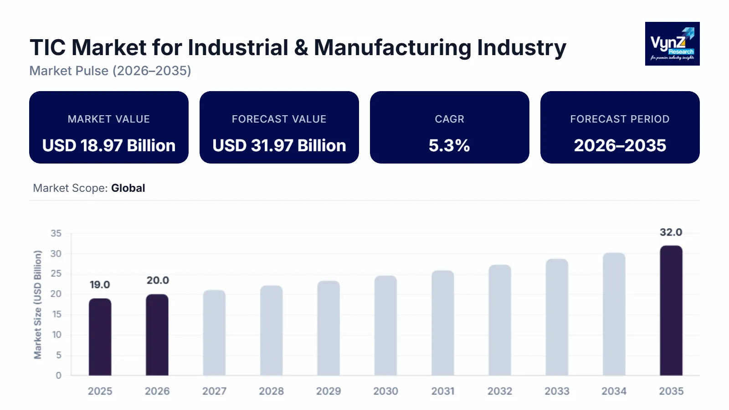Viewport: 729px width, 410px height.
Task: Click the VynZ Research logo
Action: pos(672,44)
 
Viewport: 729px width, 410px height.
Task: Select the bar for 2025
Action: pos(100,337)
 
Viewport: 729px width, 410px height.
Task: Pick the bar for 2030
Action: pos(385,326)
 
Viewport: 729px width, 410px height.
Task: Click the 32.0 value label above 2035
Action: pos(671,232)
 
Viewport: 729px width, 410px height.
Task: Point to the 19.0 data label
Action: pos(100,285)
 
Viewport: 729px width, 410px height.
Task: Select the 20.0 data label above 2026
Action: pos(158,281)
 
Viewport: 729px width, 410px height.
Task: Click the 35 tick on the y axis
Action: pos(56,233)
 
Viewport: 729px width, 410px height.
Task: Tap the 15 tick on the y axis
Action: pos(56,314)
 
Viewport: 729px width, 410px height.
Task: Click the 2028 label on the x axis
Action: pos(271,391)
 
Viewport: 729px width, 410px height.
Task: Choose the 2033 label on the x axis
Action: pos(557,391)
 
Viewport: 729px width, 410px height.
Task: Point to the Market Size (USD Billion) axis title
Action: pos(38,304)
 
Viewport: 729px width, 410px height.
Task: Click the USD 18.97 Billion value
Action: pos(109,145)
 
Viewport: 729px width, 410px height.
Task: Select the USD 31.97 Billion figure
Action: pos(279,145)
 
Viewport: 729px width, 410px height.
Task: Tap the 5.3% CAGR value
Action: pos(449,145)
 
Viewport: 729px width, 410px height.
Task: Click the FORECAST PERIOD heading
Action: pos(620,119)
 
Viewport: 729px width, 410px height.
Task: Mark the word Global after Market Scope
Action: pos(128,188)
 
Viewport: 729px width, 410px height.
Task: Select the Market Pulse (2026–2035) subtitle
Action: pos(110,71)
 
